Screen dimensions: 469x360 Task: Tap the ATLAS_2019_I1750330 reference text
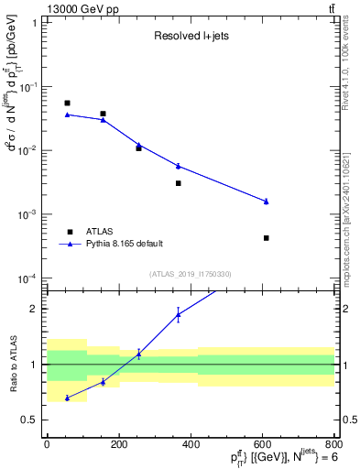pyautogui.click(x=191, y=274)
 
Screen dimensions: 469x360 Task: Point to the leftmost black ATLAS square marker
pyautogui.click(x=68, y=104)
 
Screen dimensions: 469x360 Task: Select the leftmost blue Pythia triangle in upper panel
pyautogui.click(x=68, y=115)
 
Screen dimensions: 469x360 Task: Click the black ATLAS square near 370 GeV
pyautogui.click(x=179, y=183)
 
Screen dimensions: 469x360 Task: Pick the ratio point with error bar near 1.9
pyautogui.click(x=179, y=315)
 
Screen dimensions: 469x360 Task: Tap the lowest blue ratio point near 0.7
pyautogui.click(x=68, y=398)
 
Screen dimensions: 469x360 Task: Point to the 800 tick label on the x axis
pyautogui.click(x=334, y=445)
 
